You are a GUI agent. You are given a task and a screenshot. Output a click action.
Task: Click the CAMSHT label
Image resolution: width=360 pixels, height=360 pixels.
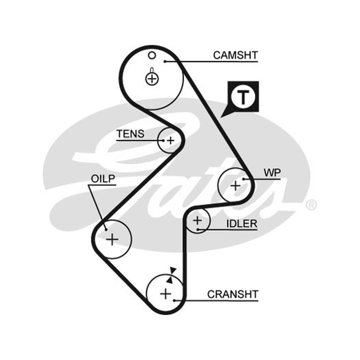pos(235,55)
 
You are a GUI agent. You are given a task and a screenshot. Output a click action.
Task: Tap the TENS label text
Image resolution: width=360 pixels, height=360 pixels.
pos(130,134)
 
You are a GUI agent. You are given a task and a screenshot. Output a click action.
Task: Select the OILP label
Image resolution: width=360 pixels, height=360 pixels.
pos(103,179)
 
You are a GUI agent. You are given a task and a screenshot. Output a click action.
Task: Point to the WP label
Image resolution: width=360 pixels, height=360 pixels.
pos(272,173)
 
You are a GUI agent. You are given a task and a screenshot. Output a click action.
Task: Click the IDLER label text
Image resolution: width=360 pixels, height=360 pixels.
pos(242,224)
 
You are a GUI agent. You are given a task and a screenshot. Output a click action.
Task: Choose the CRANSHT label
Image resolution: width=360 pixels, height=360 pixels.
pos(233,294)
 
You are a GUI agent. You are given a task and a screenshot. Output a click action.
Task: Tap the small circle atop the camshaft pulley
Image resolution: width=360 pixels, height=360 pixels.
pos(152,55)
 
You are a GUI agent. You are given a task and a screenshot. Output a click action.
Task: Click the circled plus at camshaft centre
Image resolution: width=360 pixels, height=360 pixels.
pos(152,79)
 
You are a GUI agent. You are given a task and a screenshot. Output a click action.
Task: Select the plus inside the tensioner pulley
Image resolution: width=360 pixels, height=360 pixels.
pos(171,140)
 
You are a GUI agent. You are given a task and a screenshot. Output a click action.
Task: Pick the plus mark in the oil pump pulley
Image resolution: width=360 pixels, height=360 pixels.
pos(112,239)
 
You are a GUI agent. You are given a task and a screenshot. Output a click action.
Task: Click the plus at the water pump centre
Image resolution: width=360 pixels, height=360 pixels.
pos(235,185)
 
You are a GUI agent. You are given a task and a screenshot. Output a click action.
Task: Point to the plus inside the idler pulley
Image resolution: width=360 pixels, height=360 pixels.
pos(198,220)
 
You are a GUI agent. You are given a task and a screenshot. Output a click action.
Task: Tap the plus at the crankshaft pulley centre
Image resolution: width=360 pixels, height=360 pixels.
pos(166,294)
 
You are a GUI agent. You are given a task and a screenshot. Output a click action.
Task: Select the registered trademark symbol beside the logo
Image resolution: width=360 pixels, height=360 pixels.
pos(311,205)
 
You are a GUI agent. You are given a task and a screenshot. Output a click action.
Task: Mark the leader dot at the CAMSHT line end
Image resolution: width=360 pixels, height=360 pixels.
pos(165,61)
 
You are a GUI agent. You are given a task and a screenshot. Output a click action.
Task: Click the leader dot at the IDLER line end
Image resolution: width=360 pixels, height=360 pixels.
pos(198,229)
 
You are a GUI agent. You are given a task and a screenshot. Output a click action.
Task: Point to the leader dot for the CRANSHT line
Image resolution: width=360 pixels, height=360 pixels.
pos(175,300)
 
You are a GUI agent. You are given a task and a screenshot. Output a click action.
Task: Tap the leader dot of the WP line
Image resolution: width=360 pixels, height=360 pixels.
pos(243,179)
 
